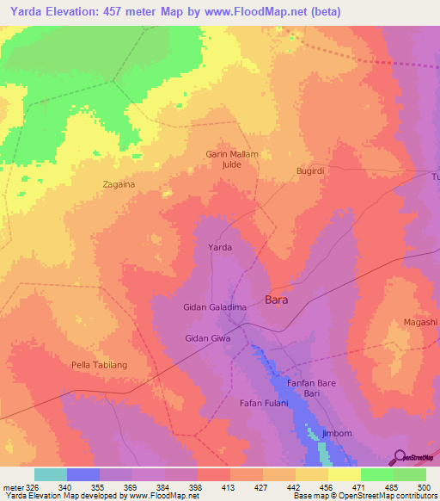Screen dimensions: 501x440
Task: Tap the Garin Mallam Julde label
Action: tap(232, 159)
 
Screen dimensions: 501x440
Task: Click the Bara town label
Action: tap(277, 300)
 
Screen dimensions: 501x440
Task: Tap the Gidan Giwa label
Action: tap(209, 338)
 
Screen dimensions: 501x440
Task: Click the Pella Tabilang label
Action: tap(100, 365)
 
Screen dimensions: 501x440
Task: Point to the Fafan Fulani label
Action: tap(261, 403)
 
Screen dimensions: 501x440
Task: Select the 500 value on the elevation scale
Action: tap(425, 486)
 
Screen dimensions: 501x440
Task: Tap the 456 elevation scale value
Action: tap(327, 486)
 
